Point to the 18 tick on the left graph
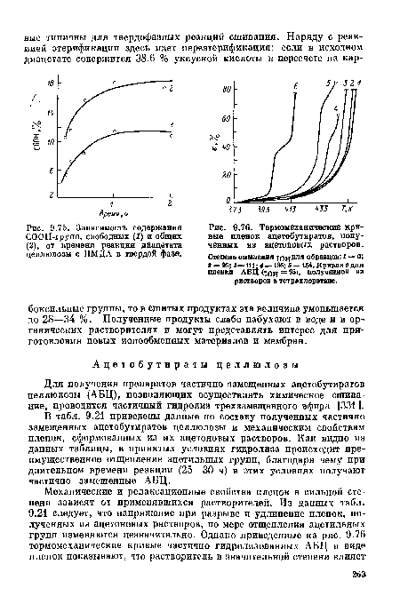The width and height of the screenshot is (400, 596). (x=52, y=82)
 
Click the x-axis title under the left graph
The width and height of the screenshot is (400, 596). (x=100, y=213)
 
